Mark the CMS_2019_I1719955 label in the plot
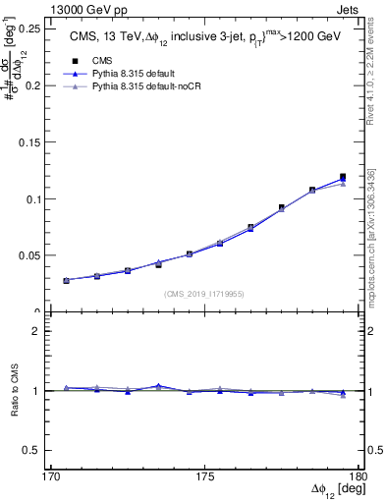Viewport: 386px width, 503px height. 204,293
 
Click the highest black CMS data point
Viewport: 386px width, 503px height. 343,177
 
